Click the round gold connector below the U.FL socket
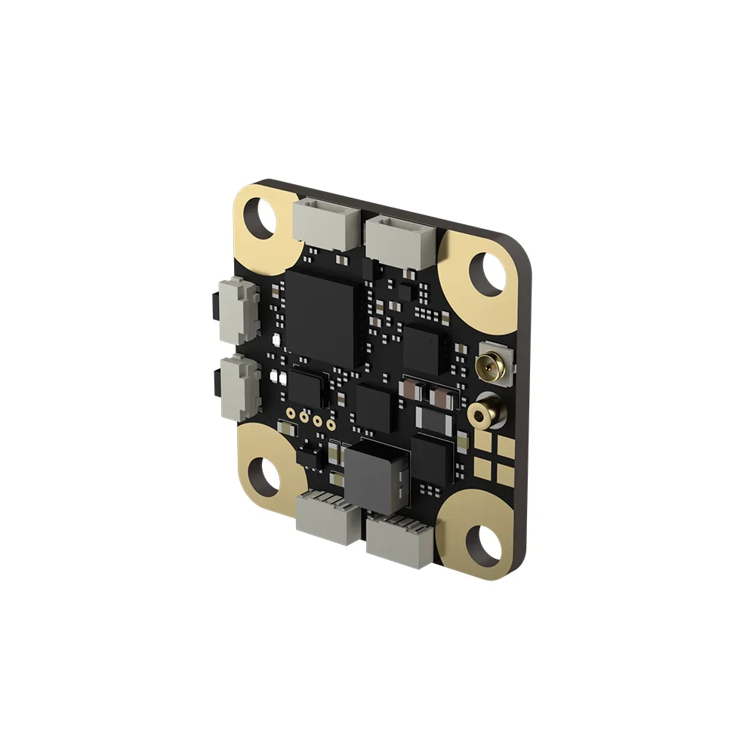pyautogui.click(x=479, y=415)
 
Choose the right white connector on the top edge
pyautogui.click(x=399, y=238)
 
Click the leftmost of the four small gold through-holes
pyautogui.click(x=291, y=413)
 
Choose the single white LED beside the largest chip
pyautogui.click(x=276, y=340)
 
